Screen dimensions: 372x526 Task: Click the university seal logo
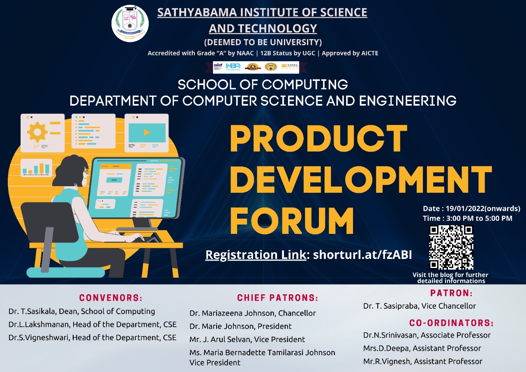click(130, 23)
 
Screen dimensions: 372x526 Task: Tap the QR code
click(451, 247)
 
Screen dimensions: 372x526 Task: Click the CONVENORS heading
click(111, 298)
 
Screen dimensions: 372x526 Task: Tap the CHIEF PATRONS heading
click(277, 298)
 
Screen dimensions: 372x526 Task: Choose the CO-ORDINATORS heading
click(451, 323)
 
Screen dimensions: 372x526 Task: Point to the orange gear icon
click(37, 132)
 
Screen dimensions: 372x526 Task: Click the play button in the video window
click(147, 132)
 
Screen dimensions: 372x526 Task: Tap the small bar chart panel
click(36, 168)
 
